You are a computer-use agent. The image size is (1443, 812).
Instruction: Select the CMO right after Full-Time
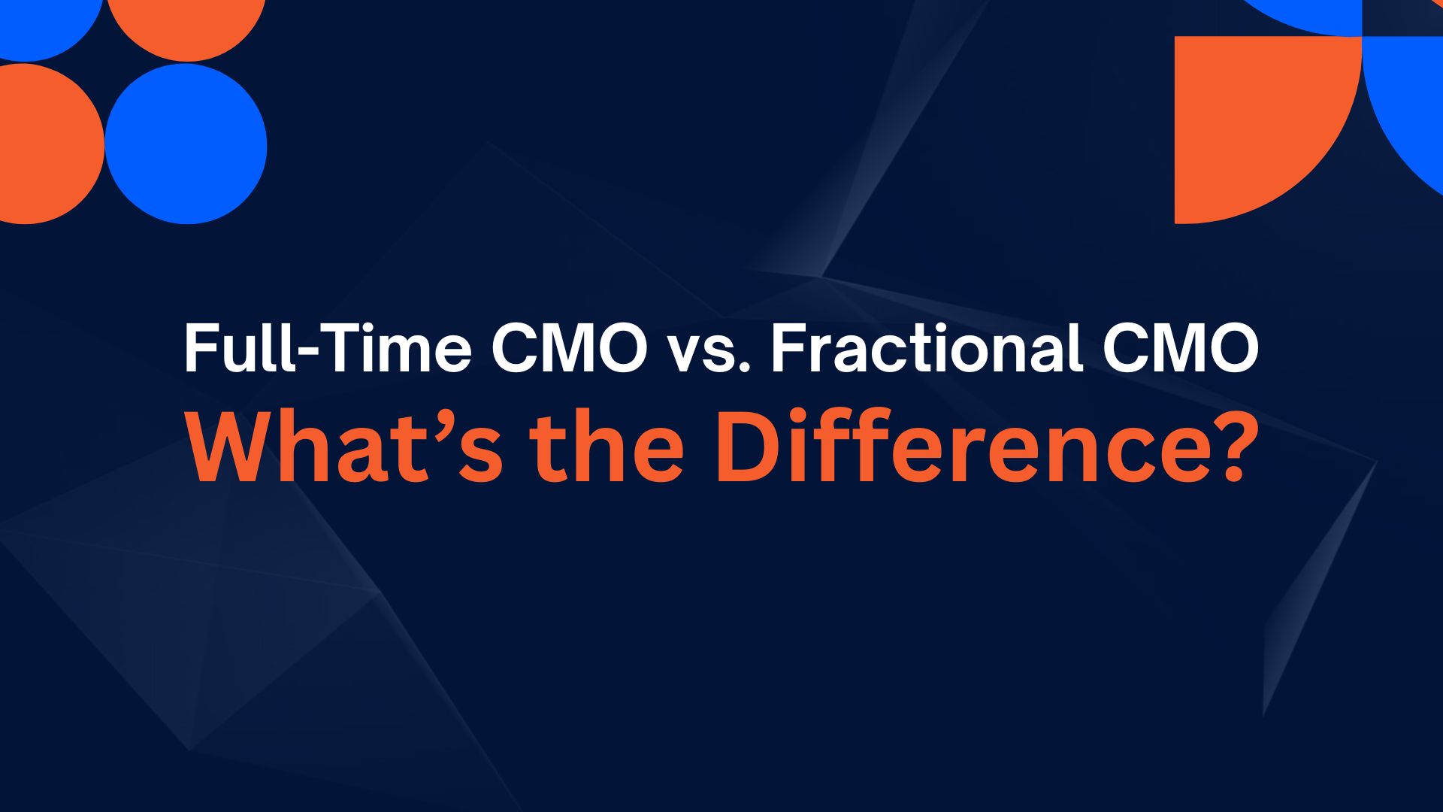(x=569, y=348)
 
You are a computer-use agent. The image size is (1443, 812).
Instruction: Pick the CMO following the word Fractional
(x=1180, y=348)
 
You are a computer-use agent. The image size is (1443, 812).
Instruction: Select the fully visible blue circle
(x=186, y=144)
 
